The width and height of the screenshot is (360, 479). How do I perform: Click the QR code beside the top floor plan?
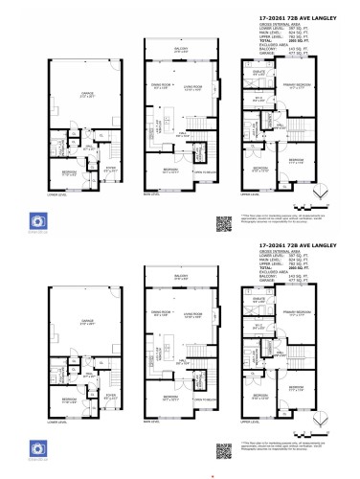225,225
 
